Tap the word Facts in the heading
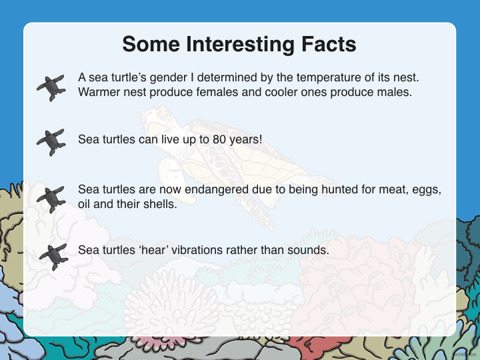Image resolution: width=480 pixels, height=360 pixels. (x=329, y=44)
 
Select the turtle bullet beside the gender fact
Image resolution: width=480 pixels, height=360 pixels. (x=51, y=87)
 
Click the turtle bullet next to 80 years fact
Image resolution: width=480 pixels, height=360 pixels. (x=51, y=143)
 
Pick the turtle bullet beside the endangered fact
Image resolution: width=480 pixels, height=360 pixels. (x=51, y=199)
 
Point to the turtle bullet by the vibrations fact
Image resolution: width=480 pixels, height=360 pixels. (x=53, y=257)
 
